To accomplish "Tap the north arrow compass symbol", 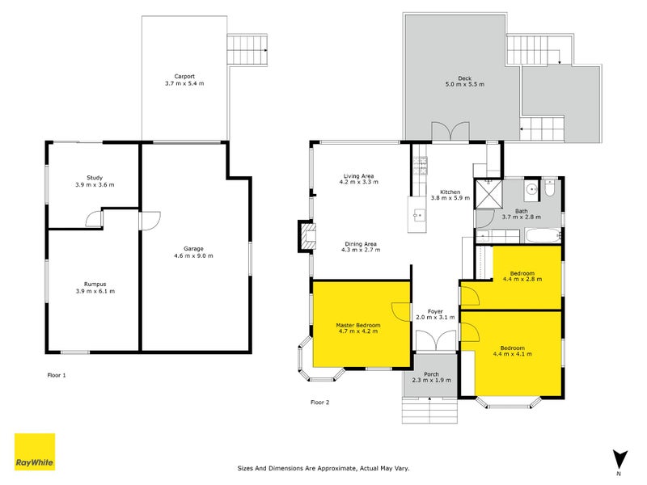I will (x=619, y=459).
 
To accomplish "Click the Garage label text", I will (x=192, y=248).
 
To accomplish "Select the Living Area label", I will (x=358, y=175).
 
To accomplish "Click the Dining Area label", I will (x=359, y=243).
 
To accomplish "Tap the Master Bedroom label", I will (x=357, y=325).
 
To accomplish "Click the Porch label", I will (x=431, y=373).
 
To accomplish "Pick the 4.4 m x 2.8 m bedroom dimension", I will (x=522, y=279).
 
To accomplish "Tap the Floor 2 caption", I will (x=320, y=402).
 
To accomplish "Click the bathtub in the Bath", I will (x=541, y=236).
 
